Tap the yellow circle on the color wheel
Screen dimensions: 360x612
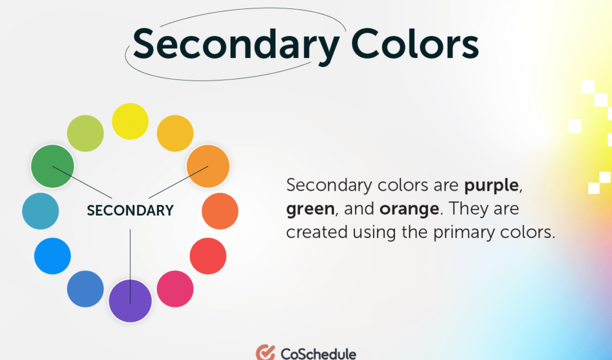click(130, 121)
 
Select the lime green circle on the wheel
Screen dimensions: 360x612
click(85, 133)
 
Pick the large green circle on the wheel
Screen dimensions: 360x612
click(53, 166)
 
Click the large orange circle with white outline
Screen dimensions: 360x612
click(208, 166)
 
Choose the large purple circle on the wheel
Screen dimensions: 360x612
click(130, 301)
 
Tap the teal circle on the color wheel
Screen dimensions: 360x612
click(41, 211)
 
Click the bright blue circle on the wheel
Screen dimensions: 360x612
click(53, 256)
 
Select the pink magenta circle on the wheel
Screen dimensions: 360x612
click(175, 289)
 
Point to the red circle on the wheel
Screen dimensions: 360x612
click(208, 256)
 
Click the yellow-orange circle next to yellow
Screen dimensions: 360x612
click(175, 133)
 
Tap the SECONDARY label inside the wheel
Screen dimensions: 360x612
click(130, 210)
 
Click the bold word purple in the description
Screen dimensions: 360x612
click(491, 186)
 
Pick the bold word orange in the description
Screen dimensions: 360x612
click(406, 209)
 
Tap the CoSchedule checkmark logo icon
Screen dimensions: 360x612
click(265, 353)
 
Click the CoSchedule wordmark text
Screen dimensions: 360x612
click(318, 353)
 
